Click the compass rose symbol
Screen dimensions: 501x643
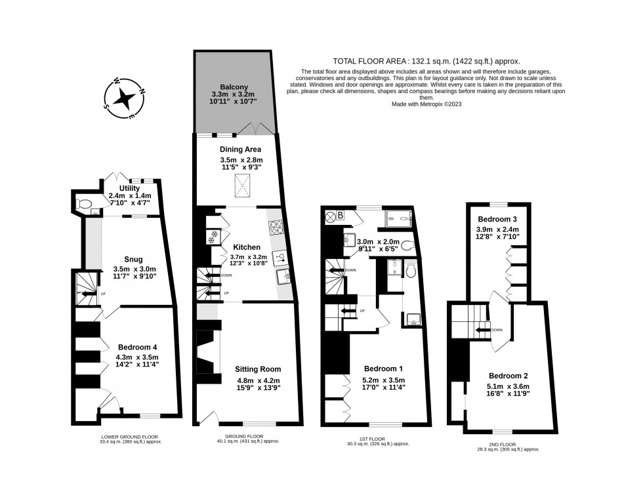[x=123, y=99]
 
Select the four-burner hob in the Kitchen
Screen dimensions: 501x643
[x=275, y=229]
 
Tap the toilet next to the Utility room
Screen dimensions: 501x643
[x=83, y=205]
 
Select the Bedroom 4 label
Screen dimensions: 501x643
[x=137, y=347]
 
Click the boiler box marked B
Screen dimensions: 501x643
[x=341, y=214]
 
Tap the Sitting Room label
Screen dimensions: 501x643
[x=258, y=369]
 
